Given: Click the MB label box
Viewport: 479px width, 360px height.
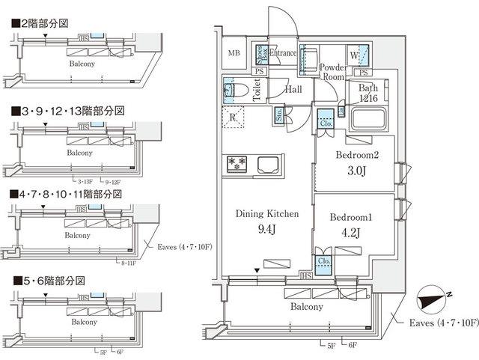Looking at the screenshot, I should pos(234,53).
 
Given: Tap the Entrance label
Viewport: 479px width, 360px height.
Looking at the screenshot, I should pos(284,53).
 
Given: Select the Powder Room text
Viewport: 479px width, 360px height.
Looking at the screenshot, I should pos(332,72).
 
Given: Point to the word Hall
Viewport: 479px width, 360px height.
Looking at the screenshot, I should pos(293,90).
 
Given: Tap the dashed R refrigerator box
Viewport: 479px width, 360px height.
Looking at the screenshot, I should pos(234,118).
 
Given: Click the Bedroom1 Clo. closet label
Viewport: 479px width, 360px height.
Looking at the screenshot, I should pos(325,262).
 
